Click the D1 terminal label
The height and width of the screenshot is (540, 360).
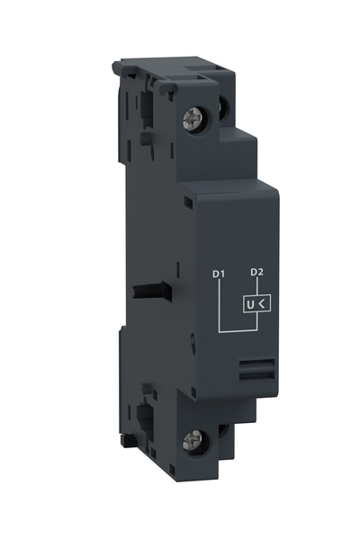coord(217,273)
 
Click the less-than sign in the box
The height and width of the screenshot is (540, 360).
coord(262,305)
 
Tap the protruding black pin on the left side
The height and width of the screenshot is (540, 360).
coord(143,292)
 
